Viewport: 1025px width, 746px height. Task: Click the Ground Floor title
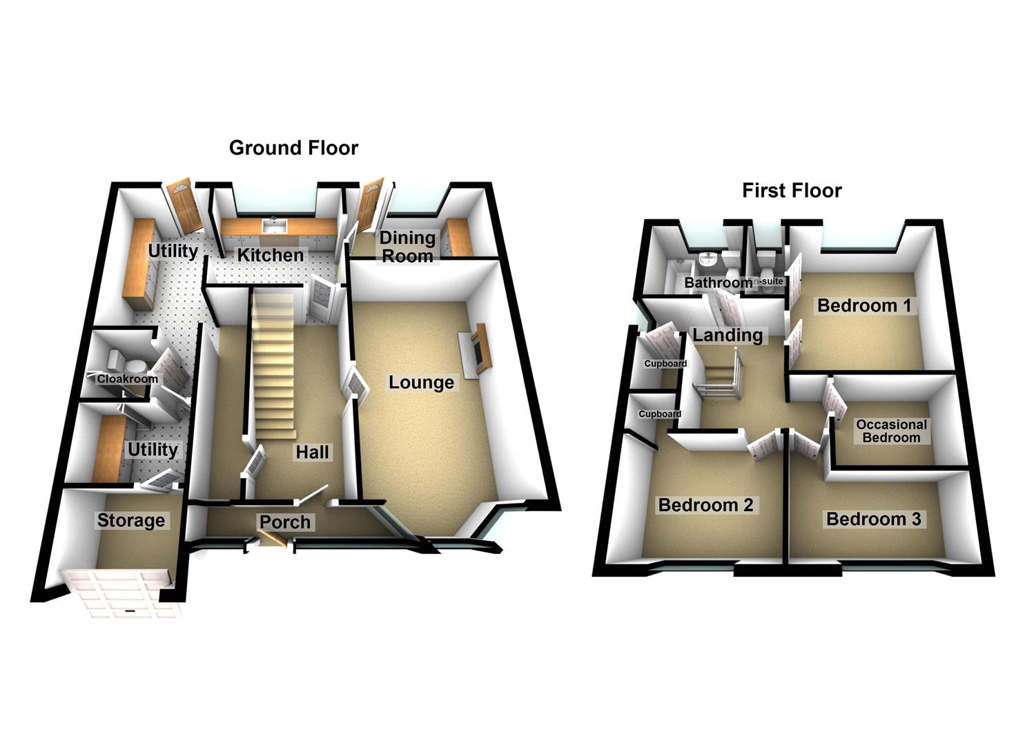(x=293, y=148)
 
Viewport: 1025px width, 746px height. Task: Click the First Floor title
(x=792, y=191)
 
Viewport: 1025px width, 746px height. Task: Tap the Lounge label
(x=421, y=383)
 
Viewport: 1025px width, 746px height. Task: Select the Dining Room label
(x=407, y=247)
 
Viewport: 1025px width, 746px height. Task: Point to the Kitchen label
(x=270, y=255)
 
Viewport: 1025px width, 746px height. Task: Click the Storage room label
(x=131, y=520)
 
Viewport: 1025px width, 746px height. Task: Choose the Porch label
(x=285, y=522)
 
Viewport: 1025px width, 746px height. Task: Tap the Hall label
(x=312, y=452)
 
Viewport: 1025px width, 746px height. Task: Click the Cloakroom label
(x=128, y=379)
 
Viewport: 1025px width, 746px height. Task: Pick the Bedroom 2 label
(x=705, y=505)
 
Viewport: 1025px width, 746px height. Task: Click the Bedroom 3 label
(x=873, y=519)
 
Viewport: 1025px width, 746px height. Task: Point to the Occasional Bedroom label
(x=891, y=431)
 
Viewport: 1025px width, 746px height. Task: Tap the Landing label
(x=728, y=336)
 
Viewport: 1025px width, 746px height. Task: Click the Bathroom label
(x=718, y=283)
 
